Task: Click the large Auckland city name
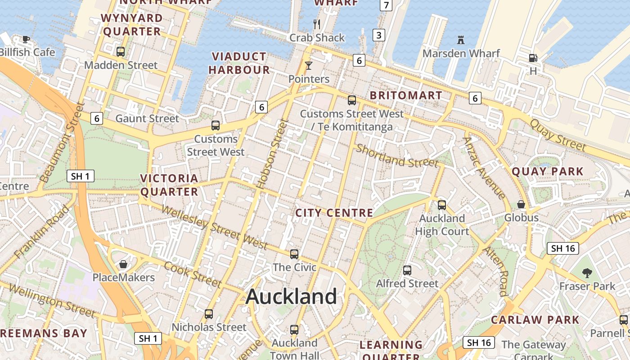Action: coord(292,297)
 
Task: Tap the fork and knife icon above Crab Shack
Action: coord(317,24)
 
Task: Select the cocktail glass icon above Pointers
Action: coord(308,66)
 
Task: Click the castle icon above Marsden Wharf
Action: coord(460,40)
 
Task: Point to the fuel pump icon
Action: coord(533,58)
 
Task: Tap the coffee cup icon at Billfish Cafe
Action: coord(26,39)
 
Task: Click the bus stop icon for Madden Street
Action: coord(121,52)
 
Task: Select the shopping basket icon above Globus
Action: coord(521,205)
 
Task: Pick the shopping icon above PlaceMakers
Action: coord(123,264)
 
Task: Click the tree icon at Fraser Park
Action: coord(587,273)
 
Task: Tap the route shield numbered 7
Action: coord(386,5)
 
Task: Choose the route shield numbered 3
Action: coord(379,35)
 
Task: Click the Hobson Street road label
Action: coord(271,154)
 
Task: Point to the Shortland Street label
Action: coord(397,156)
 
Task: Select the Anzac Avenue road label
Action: coord(484,167)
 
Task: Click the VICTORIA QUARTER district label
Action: coord(169,185)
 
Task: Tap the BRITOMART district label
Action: coord(406,95)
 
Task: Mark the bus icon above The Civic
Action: coord(294,254)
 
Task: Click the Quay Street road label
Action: coord(558,135)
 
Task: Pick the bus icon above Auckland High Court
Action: coord(442,205)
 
